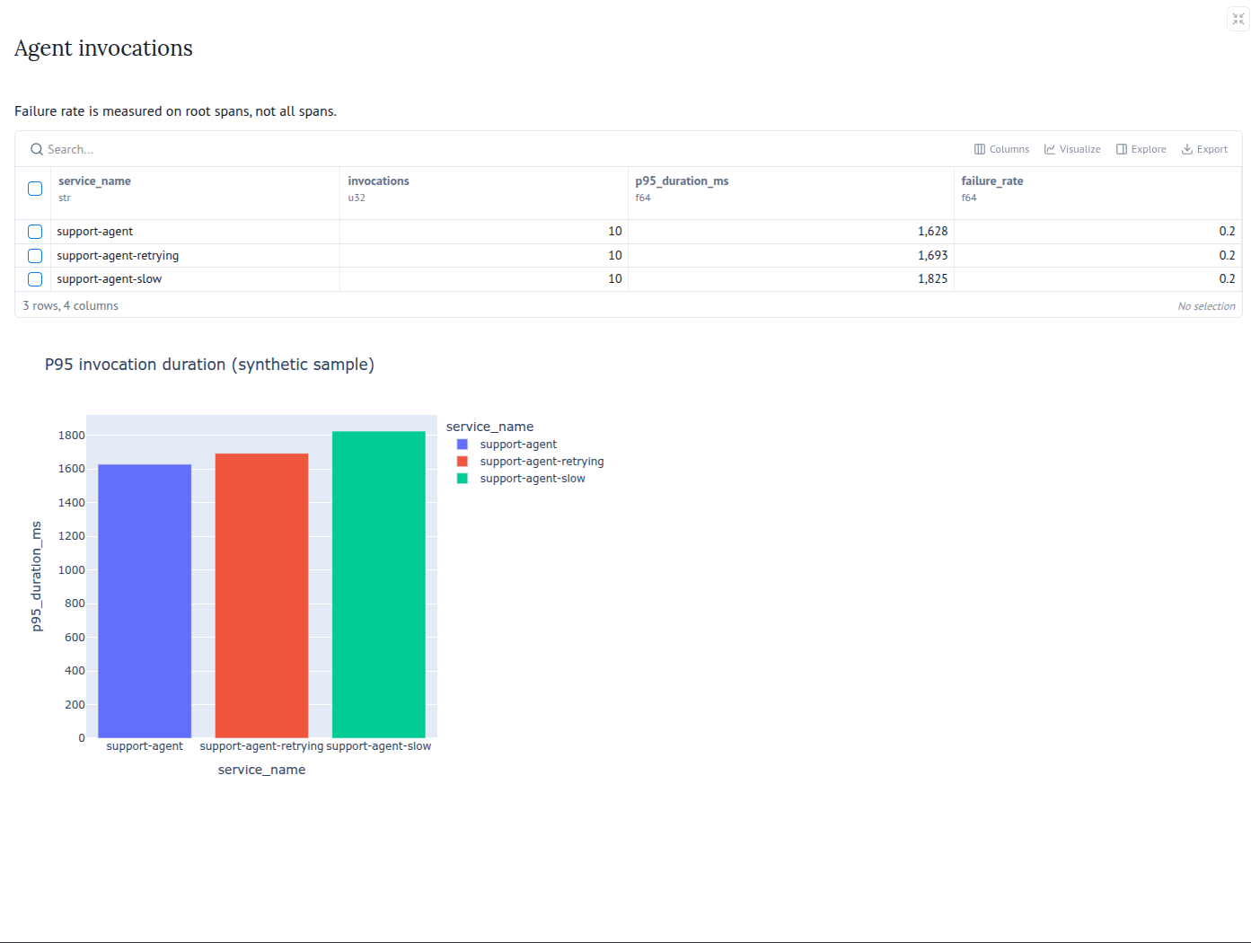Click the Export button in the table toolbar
pos(1204,149)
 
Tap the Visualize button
pos(1072,149)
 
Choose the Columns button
pos(1001,149)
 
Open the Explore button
pos(1141,149)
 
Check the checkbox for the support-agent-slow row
pos(35,279)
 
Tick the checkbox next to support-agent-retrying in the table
pos(35,256)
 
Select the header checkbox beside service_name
pos(35,189)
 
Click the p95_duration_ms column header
pos(682,181)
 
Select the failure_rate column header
pos(992,181)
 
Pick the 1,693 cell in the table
pos(932,255)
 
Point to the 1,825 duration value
pos(932,278)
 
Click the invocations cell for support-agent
pos(614,232)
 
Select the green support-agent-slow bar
pos(378,585)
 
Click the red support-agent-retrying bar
pos(261,595)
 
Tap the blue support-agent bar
pos(145,601)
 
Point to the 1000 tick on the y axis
pos(71,569)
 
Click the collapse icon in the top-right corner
pos(1238,20)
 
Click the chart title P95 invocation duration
pos(210,365)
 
